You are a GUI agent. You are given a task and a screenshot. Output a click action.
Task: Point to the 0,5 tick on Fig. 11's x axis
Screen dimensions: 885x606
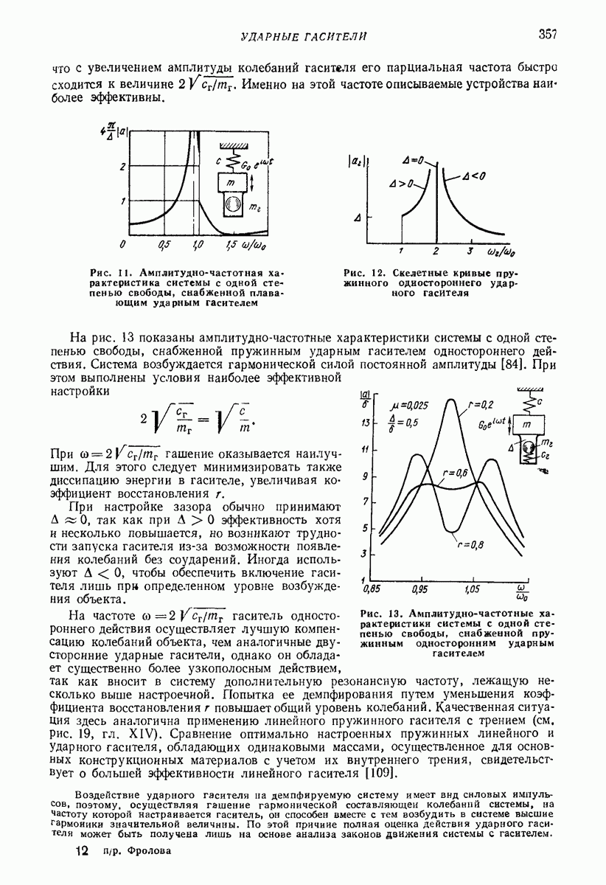pos(164,244)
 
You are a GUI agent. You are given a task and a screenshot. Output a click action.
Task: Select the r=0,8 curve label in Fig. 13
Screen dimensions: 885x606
pos(470,545)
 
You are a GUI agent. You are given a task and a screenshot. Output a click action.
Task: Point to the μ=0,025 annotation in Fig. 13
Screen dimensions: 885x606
pos(407,405)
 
